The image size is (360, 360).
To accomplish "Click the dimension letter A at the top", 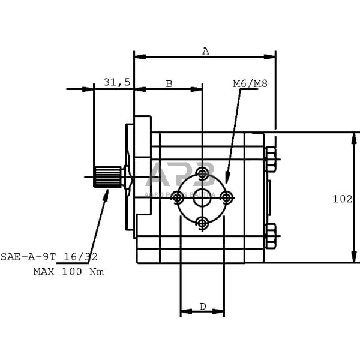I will pyautogui.click(x=205, y=51).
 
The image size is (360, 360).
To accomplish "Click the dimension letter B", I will pyautogui.click(x=169, y=83).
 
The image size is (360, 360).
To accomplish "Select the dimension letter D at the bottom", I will pyautogui.click(x=202, y=307).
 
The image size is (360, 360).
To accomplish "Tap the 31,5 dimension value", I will pyautogui.click(x=117, y=82).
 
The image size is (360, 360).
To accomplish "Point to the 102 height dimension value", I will pyautogui.click(x=343, y=199).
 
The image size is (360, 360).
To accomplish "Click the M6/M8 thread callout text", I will pyautogui.click(x=250, y=83).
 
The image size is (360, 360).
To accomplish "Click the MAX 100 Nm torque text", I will pyautogui.click(x=68, y=272).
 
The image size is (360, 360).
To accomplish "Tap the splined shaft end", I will pyautogui.click(x=107, y=177).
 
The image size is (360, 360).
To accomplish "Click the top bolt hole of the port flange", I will pyautogui.click(x=203, y=175).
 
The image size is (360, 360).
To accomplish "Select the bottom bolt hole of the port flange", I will pyautogui.click(x=203, y=223).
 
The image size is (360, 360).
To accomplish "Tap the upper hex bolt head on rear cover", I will pyautogui.click(x=270, y=161).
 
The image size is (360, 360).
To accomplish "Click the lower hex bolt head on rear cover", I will pyautogui.click(x=270, y=235).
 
